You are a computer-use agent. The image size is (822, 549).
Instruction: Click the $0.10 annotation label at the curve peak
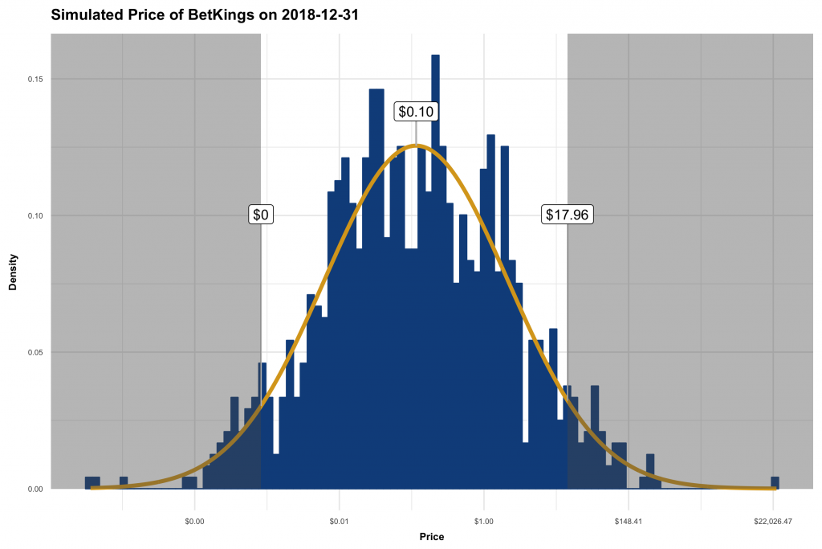(416, 112)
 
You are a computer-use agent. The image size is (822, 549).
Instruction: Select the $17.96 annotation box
(568, 215)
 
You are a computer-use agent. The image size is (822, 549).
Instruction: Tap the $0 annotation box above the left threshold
(261, 215)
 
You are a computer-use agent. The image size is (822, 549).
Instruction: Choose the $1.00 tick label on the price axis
(483, 522)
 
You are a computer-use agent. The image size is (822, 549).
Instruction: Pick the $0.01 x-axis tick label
(339, 522)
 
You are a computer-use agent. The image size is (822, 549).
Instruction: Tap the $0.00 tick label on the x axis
(194, 522)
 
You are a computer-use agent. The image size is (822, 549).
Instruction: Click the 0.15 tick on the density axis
(36, 79)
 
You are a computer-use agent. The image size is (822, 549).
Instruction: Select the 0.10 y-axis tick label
(36, 215)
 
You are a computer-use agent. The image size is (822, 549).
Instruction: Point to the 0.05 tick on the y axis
(36, 352)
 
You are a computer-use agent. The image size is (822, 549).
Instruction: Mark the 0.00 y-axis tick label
(36, 489)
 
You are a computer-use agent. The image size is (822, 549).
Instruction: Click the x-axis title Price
(431, 536)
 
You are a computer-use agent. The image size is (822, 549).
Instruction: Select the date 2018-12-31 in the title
(315, 14)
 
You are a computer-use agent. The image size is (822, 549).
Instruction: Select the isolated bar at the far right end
(775, 482)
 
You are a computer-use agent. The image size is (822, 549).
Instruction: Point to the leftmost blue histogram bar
(92, 482)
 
